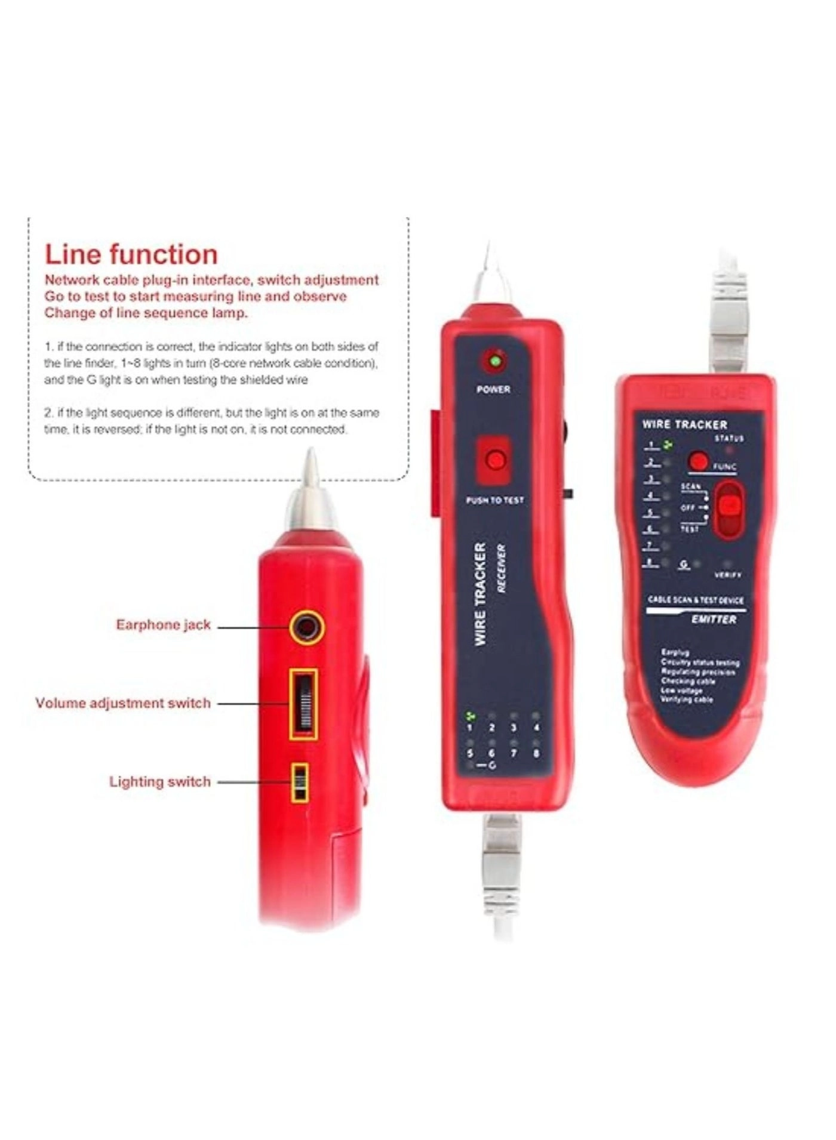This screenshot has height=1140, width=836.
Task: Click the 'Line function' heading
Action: click(x=131, y=255)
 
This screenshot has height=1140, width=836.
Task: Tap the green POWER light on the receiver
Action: click(x=494, y=361)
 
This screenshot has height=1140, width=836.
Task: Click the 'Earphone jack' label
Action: click(x=163, y=625)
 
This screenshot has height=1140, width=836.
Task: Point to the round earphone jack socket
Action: click(x=307, y=628)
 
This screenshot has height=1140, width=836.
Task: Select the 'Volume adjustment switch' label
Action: click(x=123, y=703)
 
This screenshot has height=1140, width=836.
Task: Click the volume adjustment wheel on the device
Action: click(x=304, y=705)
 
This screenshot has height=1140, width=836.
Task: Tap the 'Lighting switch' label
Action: click(x=159, y=782)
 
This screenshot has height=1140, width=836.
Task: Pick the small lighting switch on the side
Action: click(x=300, y=782)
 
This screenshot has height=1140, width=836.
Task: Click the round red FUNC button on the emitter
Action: click(x=697, y=461)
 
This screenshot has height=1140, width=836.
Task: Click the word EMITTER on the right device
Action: click(x=714, y=620)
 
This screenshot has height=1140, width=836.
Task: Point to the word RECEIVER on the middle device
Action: click(x=500, y=568)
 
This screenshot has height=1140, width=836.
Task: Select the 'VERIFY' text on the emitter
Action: click(x=728, y=575)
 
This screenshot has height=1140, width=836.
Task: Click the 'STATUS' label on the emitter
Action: click(x=729, y=439)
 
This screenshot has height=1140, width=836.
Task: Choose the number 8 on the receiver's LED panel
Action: click(x=536, y=753)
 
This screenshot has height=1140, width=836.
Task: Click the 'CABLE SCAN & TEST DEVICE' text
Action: click(x=696, y=600)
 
